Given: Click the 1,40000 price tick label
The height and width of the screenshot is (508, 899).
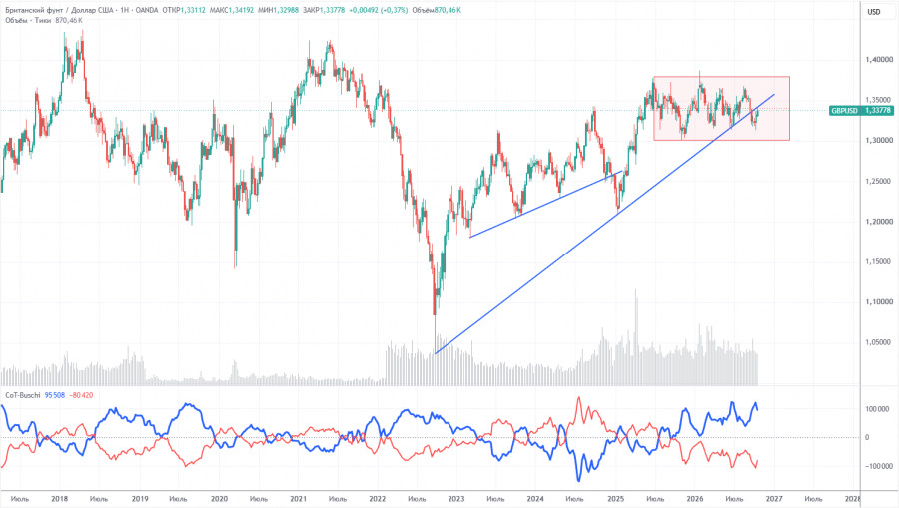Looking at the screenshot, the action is point(879,59).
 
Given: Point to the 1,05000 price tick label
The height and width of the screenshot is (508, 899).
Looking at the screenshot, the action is point(879,342).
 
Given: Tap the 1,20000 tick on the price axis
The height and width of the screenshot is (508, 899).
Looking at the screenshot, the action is point(879,222).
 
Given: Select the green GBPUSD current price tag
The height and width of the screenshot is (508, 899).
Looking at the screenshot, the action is point(861,111).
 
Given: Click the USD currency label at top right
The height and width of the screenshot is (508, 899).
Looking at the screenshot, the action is point(874,12).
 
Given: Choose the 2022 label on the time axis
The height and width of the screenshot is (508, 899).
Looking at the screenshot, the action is point(377,499).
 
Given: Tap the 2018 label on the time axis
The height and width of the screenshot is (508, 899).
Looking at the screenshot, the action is point(60,499).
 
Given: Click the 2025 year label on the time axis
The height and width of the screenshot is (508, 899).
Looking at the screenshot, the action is point(615,499).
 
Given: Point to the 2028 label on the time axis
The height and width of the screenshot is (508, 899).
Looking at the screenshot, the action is point(853,499).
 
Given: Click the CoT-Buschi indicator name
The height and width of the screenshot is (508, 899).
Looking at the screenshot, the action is point(23,395).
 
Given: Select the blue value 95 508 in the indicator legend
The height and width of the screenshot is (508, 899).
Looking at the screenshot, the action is point(55,395).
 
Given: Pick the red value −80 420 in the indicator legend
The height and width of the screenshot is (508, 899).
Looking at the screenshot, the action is point(81,395).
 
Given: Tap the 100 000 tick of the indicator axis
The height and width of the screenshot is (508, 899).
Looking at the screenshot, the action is point(878,409).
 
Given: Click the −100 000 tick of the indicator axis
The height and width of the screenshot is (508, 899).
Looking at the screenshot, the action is point(877,466).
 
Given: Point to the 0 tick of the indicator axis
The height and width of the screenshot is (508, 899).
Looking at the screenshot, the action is point(867,437).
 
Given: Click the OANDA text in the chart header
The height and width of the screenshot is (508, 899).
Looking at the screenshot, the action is point(147,10).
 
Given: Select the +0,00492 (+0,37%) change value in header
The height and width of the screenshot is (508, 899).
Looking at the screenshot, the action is point(379,10).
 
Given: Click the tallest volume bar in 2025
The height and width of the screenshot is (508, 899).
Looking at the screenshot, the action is point(635,337).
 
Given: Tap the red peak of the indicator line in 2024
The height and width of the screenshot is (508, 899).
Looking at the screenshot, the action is point(579,398).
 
